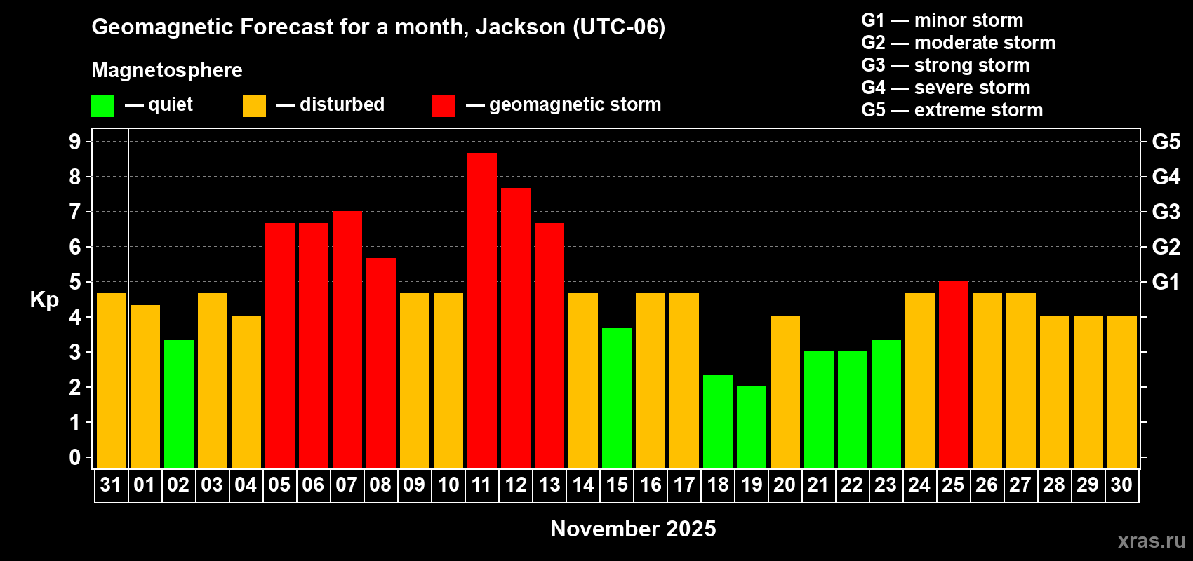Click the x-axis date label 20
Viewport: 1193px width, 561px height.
pos(785,485)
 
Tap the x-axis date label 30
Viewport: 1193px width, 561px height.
pos(1121,485)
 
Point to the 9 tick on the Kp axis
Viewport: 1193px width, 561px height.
pos(75,142)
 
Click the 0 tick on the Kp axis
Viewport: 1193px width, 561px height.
pos(75,457)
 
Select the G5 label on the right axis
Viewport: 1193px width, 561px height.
pos(1166,142)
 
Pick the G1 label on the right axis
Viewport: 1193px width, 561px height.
pos(1166,282)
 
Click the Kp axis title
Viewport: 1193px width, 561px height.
pos(44,299)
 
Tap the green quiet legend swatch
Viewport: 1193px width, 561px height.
pos(103,106)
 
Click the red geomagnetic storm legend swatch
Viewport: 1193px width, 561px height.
pos(444,106)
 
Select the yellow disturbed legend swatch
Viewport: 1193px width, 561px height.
pos(254,106)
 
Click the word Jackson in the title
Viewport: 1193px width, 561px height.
pos(520,27)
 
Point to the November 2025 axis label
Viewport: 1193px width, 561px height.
pos(633,529)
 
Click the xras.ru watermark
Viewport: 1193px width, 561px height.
pos(1151,540)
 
